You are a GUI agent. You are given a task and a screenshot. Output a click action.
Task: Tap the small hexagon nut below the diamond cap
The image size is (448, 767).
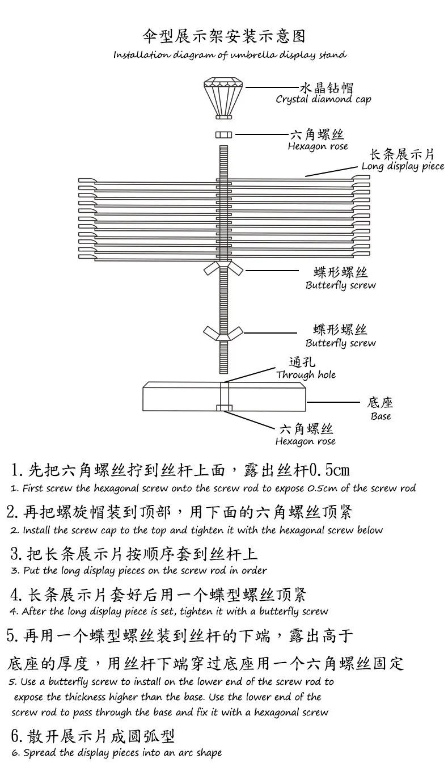tap(223, 134)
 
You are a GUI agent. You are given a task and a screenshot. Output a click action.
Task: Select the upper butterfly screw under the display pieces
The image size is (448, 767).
tap(223, 269)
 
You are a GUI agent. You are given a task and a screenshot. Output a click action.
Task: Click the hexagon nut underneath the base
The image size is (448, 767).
tap(223, 407)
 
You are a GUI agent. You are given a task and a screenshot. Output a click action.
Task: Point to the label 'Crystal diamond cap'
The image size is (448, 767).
tap(323, 100)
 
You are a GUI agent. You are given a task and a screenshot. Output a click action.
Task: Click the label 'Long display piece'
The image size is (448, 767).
tap(403, 167)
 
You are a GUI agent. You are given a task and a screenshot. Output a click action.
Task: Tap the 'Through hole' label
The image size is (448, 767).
tap(306, 375)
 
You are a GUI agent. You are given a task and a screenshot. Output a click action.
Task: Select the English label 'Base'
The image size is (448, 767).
tap(381, 416)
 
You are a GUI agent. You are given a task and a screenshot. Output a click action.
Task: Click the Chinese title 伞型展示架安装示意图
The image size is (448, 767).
tap(223, 37)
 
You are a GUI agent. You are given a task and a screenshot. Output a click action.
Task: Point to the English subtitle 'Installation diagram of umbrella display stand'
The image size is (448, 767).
tap(230, 55)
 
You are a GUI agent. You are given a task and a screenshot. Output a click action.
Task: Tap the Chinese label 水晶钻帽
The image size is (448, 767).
tap(326, 87)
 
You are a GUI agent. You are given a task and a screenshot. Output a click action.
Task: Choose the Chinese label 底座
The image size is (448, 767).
tap(380, 403)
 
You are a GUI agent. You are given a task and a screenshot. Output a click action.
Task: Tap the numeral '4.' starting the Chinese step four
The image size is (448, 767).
tap(16, 595)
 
